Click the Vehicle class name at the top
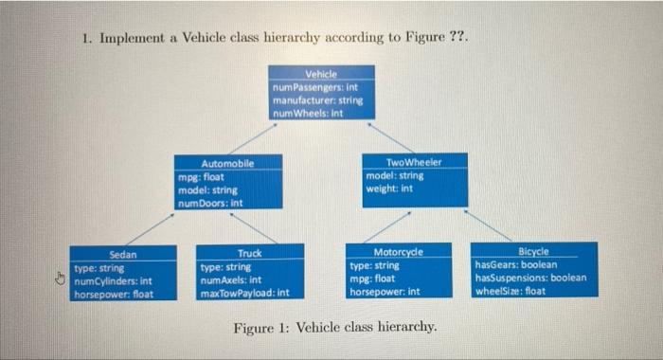[x=320, y=73]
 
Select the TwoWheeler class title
[x=414, y=162]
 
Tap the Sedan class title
[x=123, y=254]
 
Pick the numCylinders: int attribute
[x=113, y=280]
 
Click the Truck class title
[x=250, y=254]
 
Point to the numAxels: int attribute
[x=230, y=279]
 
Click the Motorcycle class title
[x=399, y=253]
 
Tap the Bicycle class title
[x=534, y=252]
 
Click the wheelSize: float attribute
[x=511, y=291]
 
